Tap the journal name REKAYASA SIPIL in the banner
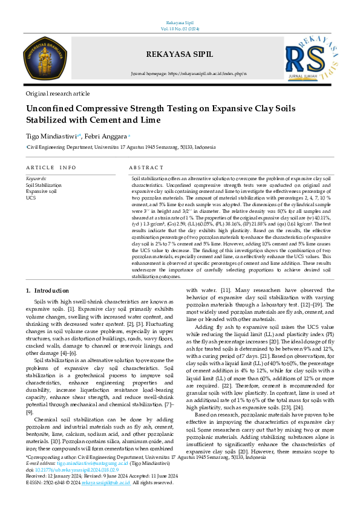(180, 52)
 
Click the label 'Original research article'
(57, 94)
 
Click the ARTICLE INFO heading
(51, 167)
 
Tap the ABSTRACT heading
(146, 167)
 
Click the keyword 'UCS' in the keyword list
(31, 197)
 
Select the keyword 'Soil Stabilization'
(44, 185)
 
